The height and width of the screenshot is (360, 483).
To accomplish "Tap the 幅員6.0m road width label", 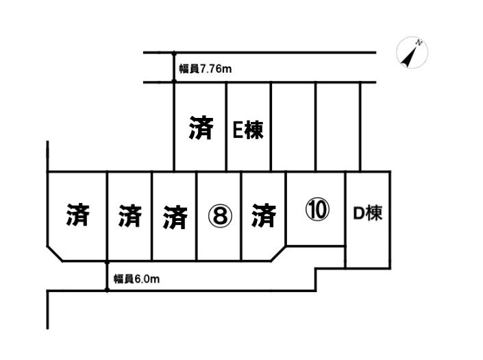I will pyautogui.click(x=137, y=279).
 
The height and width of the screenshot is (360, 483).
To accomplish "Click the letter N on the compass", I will pyautogui.click(x=419, y=44).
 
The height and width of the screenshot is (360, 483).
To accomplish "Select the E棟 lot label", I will pyautogui.click(x=248, y=130).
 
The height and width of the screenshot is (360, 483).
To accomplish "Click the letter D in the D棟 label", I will pyautogui.click(x=357, y=213).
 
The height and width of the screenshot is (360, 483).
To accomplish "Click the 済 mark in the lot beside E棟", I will pyautogui.click(x=201, y=128).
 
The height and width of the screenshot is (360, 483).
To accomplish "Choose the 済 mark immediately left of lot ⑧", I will pyautogui.click(x=175, y=217).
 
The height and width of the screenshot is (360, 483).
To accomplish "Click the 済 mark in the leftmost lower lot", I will pyautogui.click(x=77, y=215).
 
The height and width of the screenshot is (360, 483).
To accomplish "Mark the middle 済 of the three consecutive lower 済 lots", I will pyautogui.click(x=129, y=217).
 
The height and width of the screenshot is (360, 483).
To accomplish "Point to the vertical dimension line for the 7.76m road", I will pyautogui.click(x=174, y=68).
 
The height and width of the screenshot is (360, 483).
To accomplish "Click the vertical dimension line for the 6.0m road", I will pyautogui.click(x=108, y=276).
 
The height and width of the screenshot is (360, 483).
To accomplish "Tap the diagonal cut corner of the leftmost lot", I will pyautogui.click(x=56, y=253).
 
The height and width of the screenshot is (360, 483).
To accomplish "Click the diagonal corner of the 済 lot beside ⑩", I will pyautogui.click(x=278, y=253).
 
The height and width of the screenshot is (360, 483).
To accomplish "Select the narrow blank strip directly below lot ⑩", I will pyautogui.click(x=315, y=254).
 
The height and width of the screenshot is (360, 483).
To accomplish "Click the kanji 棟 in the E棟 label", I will pyautogui.click(x=255, y=130).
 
